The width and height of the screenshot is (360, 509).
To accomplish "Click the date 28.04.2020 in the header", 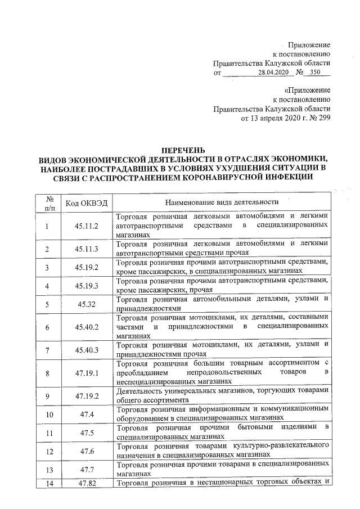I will pos(273,73).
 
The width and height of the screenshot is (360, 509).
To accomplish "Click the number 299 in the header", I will pos(323,118).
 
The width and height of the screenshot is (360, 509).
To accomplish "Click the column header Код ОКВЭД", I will pos(86,202).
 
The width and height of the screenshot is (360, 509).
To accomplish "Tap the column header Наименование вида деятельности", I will pos(222,202).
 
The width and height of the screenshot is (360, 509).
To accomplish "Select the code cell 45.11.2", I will pos(87,226).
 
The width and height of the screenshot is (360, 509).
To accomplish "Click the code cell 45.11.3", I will pos(87,249).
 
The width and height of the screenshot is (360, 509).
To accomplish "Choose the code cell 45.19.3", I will pos(87,286).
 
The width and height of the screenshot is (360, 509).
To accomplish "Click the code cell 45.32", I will pos(87,305).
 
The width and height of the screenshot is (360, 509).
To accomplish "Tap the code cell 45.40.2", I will pos(87,327).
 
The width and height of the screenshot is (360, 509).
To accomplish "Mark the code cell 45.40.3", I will pos(87,350).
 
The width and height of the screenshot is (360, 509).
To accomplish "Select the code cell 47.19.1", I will pos(87,372).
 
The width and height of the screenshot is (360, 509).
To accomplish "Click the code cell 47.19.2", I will pos(87,396).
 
